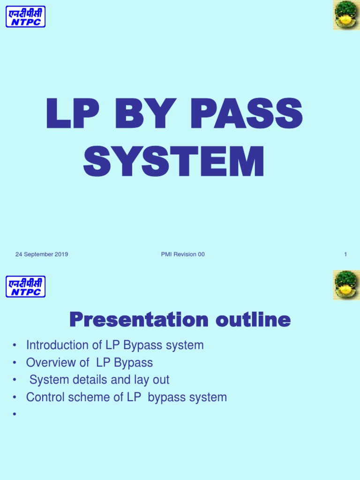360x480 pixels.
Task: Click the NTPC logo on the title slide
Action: click(25, 16)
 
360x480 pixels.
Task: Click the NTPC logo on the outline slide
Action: click(25, 286)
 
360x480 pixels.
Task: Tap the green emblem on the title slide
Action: click(346, 15)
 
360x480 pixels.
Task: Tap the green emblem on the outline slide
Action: click(346, 285)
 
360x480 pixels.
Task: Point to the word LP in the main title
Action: click(69, 114)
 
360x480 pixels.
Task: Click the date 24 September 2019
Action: click(42, 255)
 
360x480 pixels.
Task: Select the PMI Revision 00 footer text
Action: click(182, 255)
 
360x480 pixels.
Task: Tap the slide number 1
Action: click(345, 255)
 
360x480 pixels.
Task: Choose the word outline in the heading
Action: click(253, 321)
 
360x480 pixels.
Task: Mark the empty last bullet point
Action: click(15, 415)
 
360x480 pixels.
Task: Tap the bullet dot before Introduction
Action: click(15, 346)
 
